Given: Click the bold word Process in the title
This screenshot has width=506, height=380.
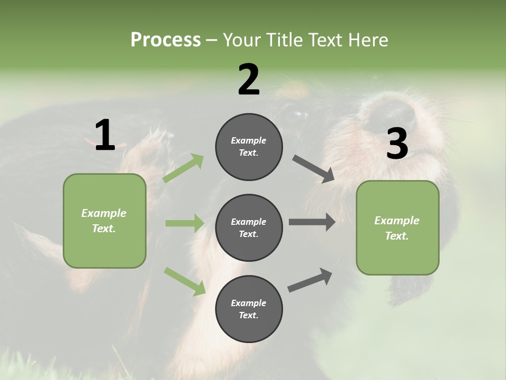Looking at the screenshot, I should point(166,40).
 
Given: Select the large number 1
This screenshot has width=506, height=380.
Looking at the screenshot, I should point(105,136).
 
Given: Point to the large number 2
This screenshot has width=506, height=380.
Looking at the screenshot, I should point(249,79).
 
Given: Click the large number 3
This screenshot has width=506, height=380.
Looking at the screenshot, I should point(397,144).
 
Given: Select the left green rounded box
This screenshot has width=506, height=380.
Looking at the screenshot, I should point(104,221).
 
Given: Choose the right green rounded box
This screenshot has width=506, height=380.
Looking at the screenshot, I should point(397,228).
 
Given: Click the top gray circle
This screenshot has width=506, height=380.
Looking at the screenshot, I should point(249,147).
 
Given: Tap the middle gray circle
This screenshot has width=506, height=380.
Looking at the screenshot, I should point(249,227).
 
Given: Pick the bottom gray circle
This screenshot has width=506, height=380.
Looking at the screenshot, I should point(249,309).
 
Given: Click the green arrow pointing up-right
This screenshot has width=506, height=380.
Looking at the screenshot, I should point(183,168).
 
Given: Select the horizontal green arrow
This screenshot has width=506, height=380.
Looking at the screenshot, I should point(184,223).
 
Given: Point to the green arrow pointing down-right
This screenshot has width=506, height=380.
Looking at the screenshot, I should point(184,281).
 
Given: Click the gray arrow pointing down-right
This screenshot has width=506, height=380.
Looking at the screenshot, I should point(314,169).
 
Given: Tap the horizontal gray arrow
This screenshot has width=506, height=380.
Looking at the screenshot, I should point(312,222).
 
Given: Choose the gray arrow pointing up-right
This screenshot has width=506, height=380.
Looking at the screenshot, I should point(310,280).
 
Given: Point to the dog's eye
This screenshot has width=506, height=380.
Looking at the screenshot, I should point(301,114).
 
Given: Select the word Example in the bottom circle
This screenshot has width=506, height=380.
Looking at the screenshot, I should point(248,303).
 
